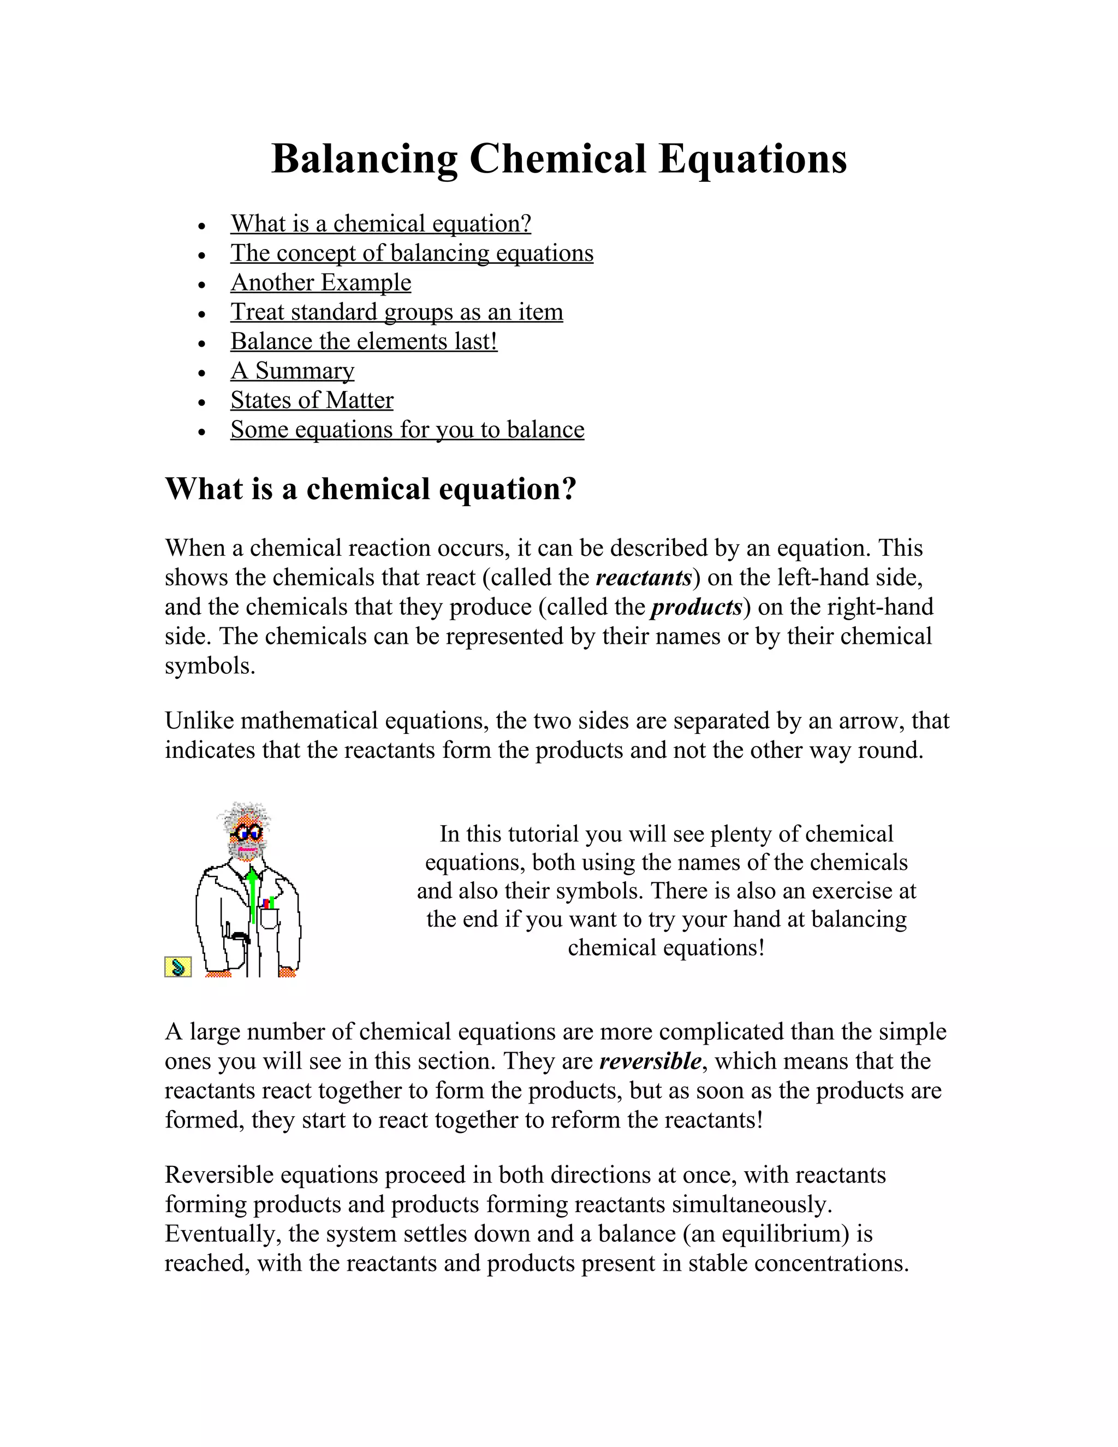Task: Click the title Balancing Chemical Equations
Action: [558, 159]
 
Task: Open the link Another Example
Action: [320, 283]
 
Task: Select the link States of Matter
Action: [311, 400]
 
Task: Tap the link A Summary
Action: [292, 371]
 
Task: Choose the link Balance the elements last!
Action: [364, 342]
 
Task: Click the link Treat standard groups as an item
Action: [396, 312]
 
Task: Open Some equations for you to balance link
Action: [407, 430]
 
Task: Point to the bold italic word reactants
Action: [643, 578]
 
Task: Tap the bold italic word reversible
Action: [650, 1061]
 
